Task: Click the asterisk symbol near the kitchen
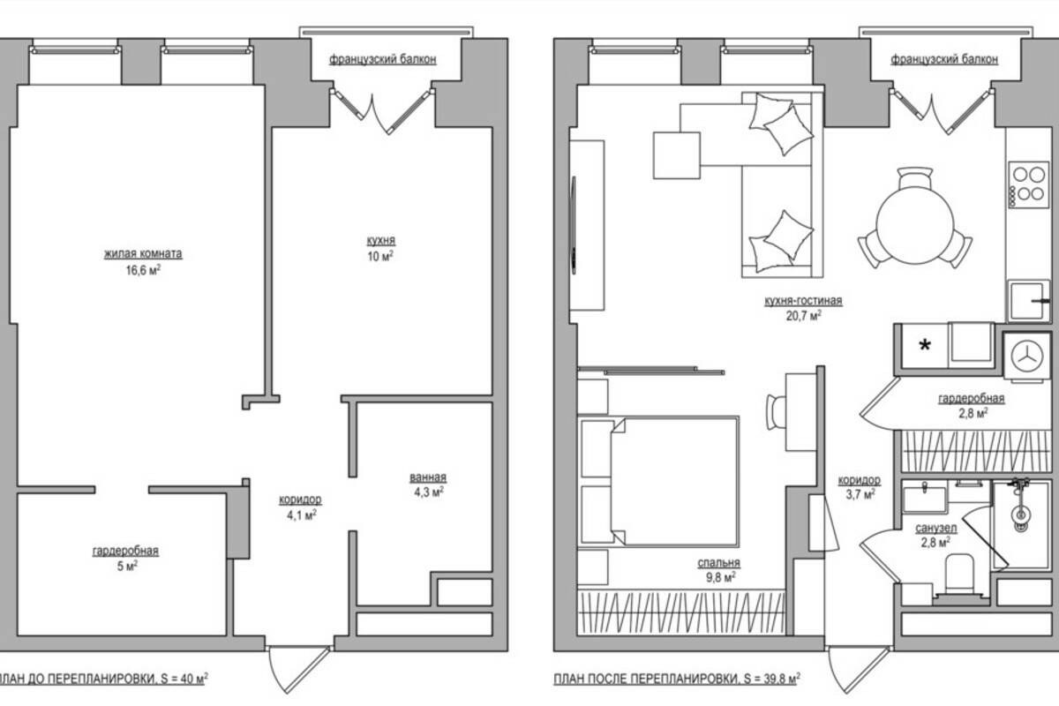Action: click(925, 345)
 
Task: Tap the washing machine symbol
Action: click(1026, 356)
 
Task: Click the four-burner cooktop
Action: click(1028, 184)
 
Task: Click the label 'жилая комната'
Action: click(143, 254)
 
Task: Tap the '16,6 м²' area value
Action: click(143, 270)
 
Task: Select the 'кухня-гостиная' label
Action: click(803, 301)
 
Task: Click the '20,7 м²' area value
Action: click(803, 316)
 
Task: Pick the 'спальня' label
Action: click(718, 563)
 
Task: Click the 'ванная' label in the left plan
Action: click(428, 477)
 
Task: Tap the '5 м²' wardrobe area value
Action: click(127, 566)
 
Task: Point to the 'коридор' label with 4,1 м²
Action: click(300, 499)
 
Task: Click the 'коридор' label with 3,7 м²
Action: click(859, 480)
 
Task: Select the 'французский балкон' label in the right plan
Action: click(944, 60)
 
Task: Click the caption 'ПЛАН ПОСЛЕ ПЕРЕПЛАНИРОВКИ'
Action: click(646, 679)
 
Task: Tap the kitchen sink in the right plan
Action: click(1029, 301)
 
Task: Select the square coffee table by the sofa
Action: click(677, 155)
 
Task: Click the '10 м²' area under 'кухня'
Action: click(380, 256)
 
